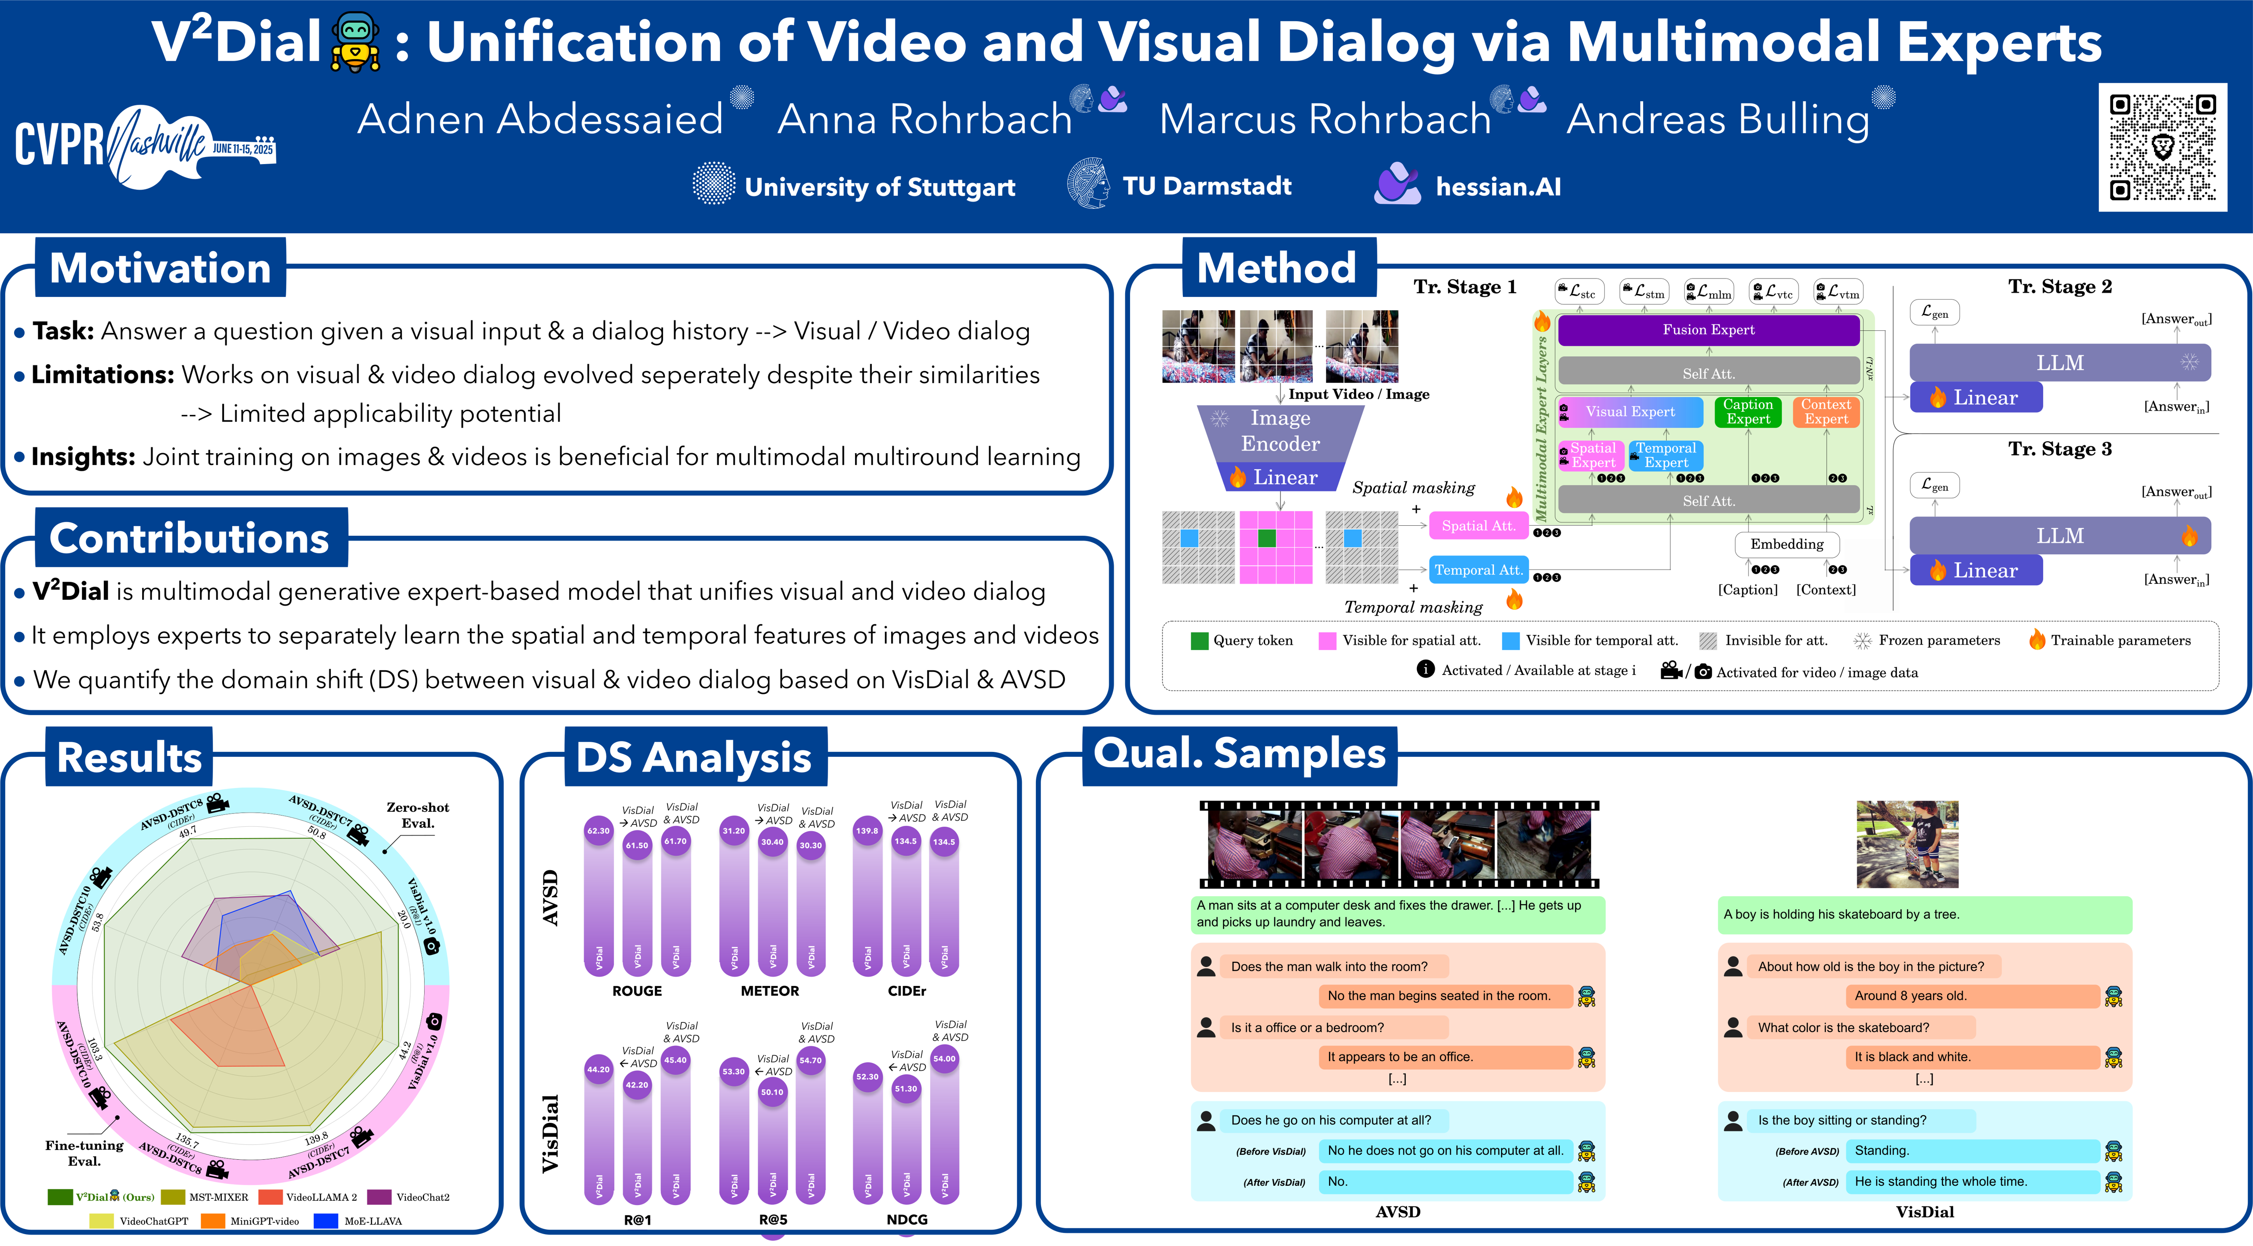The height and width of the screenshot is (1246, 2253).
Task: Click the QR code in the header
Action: [2162, 147]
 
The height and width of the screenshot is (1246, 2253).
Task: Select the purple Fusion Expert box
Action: [1708, 330]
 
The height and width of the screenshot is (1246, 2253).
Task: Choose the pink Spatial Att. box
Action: [1478, 525]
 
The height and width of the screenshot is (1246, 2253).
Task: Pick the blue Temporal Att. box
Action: [1478, 570]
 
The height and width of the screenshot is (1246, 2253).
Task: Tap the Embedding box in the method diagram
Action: [1787, 544]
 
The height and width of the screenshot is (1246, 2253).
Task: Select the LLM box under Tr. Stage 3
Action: [2060, 535]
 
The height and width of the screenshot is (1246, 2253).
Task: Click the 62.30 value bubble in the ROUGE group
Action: [598, 831]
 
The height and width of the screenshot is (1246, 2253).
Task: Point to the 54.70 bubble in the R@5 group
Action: [811, 1061]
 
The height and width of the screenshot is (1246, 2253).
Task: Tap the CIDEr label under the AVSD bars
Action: [907, 991]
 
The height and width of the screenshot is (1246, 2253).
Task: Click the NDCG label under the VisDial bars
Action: [907, 1219]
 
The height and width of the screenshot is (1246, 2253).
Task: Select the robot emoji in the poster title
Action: [355, 42]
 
